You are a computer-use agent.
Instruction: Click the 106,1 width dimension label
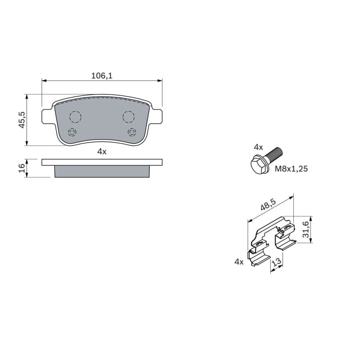(102, 76)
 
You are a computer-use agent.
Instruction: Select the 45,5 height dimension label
(22, 120)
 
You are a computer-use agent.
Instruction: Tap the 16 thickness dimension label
(22, 168)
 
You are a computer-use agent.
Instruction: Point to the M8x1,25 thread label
(291, 169)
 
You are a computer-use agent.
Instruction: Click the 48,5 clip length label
(268, 205)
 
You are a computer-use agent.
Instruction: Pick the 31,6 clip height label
(306, 229)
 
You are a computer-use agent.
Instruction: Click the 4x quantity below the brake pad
(102, 152)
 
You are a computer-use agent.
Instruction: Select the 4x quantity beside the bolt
(258, 147)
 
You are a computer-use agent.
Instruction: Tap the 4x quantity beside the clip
(239, 261)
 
